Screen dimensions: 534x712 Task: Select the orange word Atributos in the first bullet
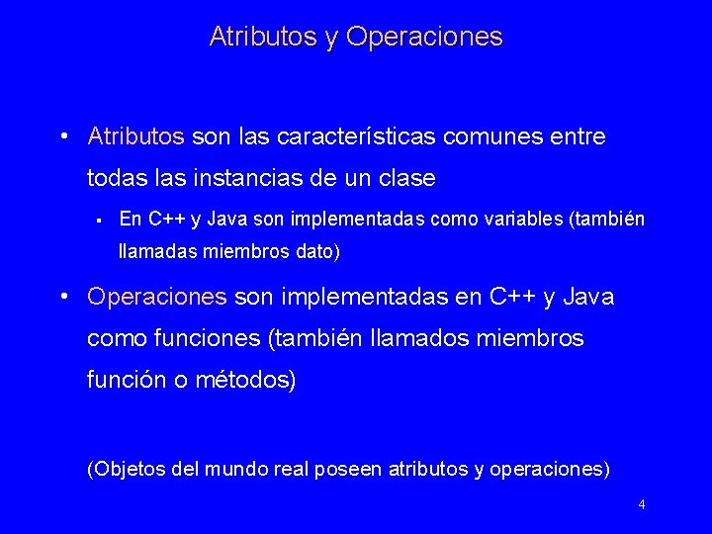point(136,135)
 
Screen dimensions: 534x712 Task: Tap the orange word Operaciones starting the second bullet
point(157,296)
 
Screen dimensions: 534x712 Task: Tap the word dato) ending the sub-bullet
point(317,252)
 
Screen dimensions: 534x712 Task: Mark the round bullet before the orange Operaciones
point(63,297)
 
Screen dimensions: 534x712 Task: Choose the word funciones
point(203,338)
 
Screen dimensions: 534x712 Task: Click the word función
point(124,381)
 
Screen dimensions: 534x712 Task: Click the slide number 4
point(642,505)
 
